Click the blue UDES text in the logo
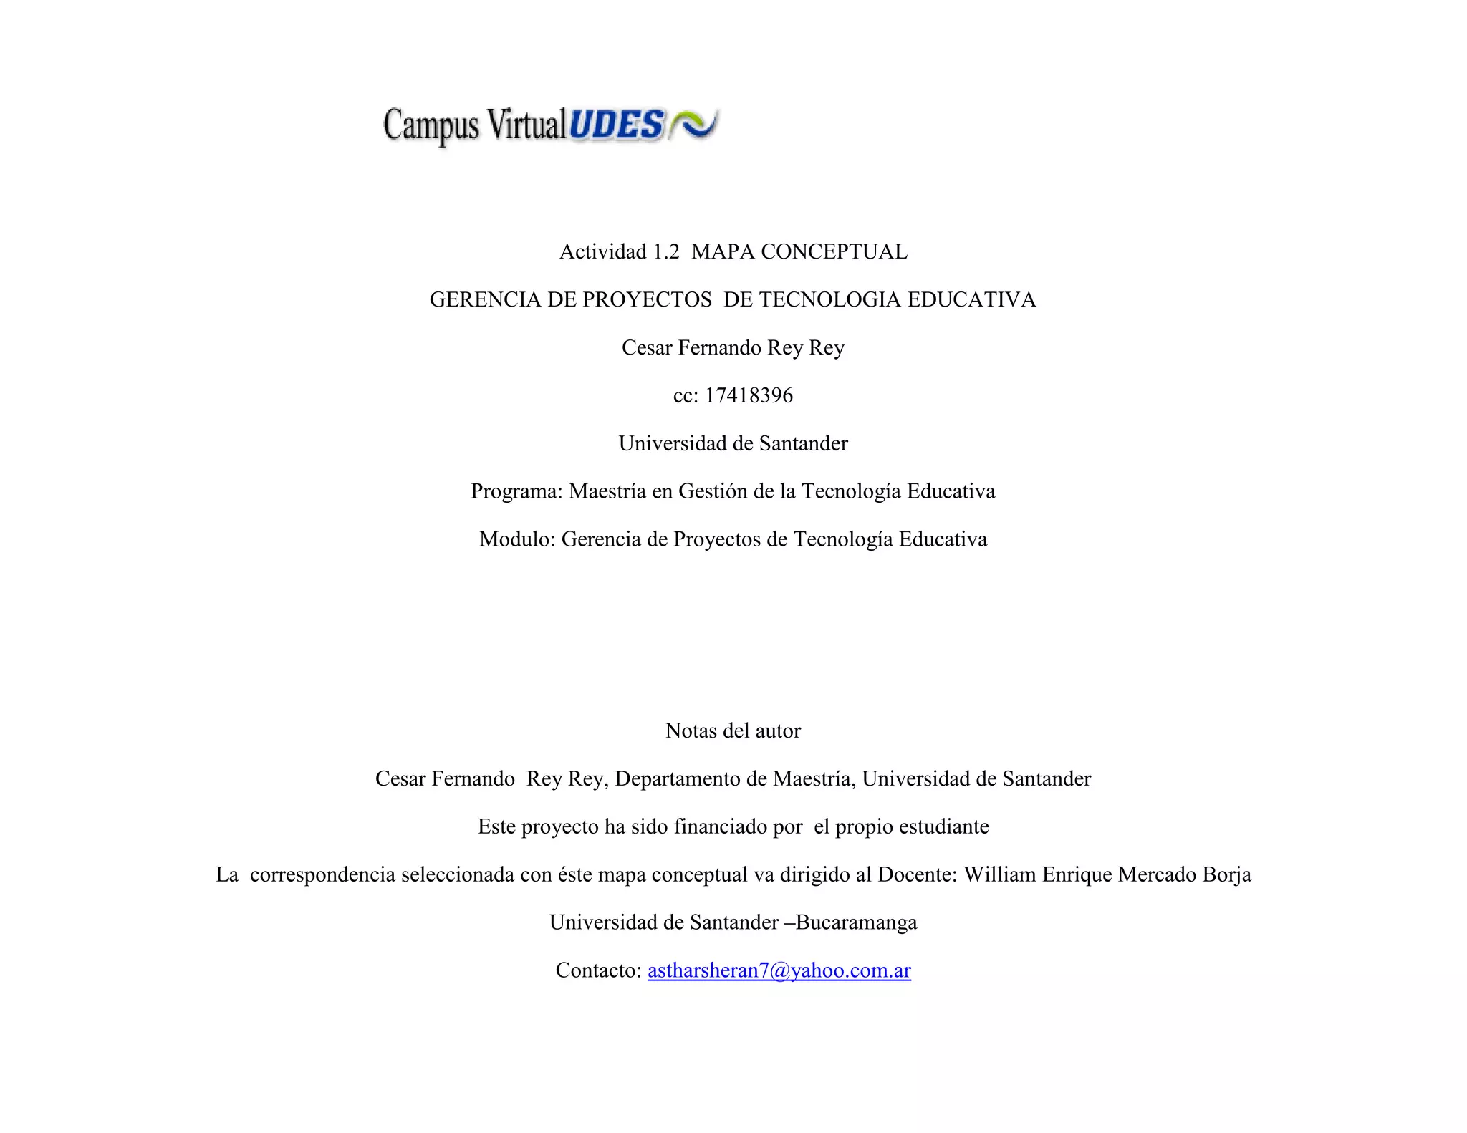[x=617, y=125]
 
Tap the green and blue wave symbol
[x=693, y=124]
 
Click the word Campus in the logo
[x=431, y=126]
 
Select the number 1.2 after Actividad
[x=665, y=251]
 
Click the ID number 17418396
[x=749, y=395]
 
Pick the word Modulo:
[x=517, y=539]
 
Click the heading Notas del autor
[x=733, y=731]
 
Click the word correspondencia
[x=322, y=874]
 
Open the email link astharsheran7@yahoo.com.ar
[x=779, y=970]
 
